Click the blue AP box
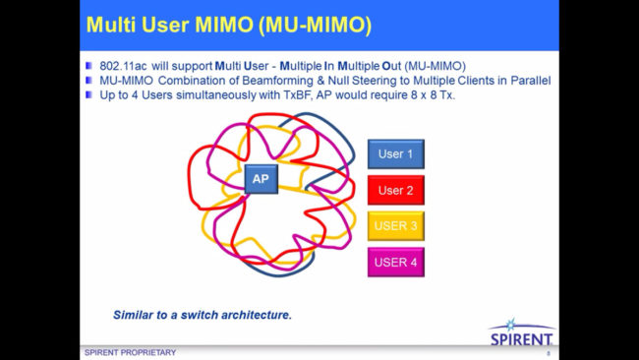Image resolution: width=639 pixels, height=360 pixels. (x=261, y=179)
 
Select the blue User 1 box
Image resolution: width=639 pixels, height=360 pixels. (x=395, y=154)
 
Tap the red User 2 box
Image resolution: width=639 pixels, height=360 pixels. (x=395, y=190)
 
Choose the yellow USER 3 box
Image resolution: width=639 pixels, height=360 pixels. (x=395, y=225)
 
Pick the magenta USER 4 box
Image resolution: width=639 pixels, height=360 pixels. (x=395, y=262)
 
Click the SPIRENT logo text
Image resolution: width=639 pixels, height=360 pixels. (x=521, y=340)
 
